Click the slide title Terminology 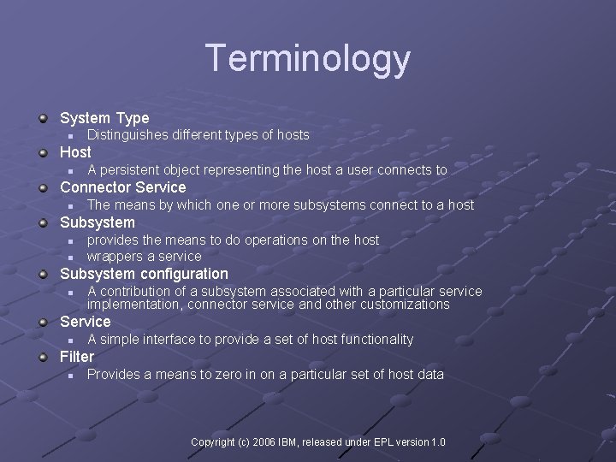(308, 59)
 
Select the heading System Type (104, 118)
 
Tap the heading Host (75, 152)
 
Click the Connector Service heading (122, 187)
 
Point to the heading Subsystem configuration (144, 274)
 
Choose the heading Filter (77, 356)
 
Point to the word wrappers (115, 256)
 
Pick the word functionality (376, 340)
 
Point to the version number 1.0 (437, 442)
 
